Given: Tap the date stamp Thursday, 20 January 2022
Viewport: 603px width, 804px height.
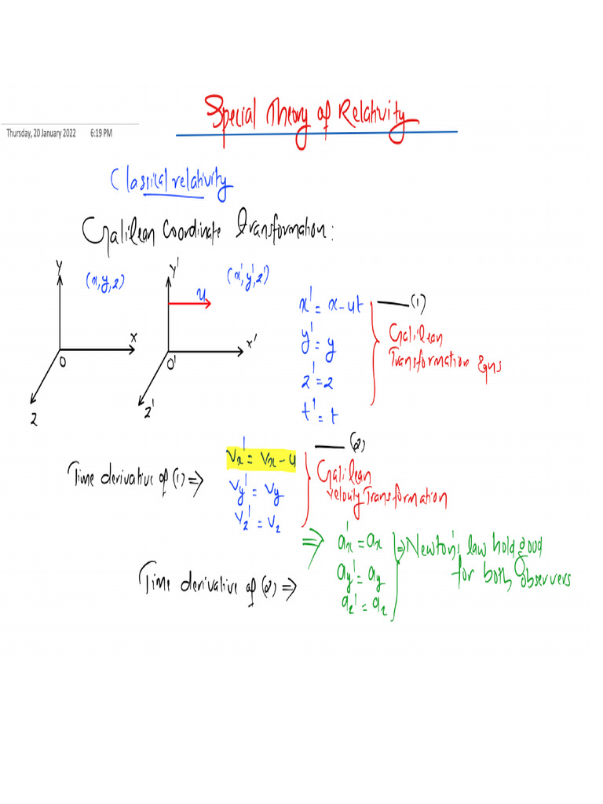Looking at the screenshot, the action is [x=41, y=133].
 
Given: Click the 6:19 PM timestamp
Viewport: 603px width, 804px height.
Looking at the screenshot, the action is [x=101, y=133].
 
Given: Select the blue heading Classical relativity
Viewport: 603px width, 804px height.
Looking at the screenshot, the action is [x=172, y=183].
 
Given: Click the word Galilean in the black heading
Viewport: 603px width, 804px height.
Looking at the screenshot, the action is [x=118, y=231].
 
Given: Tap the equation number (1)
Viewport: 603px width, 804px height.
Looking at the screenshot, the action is [x=418, y=302].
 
